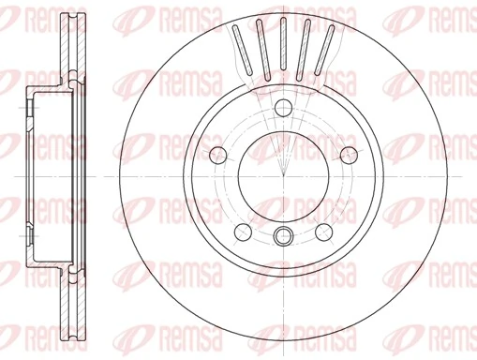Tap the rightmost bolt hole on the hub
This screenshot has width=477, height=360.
(349, 155)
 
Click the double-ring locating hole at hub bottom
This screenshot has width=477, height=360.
(283, 234)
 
